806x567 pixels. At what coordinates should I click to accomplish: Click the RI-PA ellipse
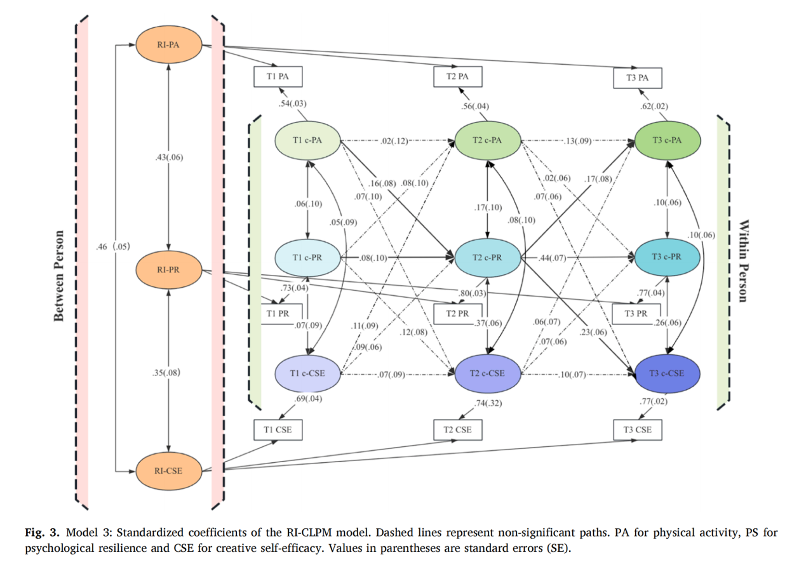tap(168, 46)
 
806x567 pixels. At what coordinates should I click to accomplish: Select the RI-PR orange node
tap(168, 269)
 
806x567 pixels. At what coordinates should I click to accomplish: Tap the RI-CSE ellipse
tap(168, 471)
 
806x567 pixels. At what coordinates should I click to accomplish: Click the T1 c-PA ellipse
tap(308, 141)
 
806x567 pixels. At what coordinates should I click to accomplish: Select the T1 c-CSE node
tap(308, 373)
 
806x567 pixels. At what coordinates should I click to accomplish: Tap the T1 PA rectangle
tap(278, 76)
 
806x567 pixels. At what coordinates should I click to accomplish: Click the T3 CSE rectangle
tap(638, 430)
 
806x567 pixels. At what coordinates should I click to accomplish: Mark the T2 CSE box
tap(457, 430)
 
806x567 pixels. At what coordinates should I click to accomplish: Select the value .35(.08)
tap(168, 372)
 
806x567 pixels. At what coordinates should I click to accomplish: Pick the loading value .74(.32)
tap(488, 403)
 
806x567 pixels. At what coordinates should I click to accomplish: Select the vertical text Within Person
tap(744, 260)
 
